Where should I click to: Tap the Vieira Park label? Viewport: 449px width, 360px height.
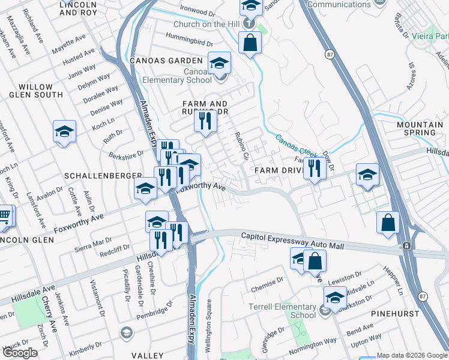[x=429, y=36]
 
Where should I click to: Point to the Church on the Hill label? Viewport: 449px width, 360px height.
[x=206, y=25]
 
